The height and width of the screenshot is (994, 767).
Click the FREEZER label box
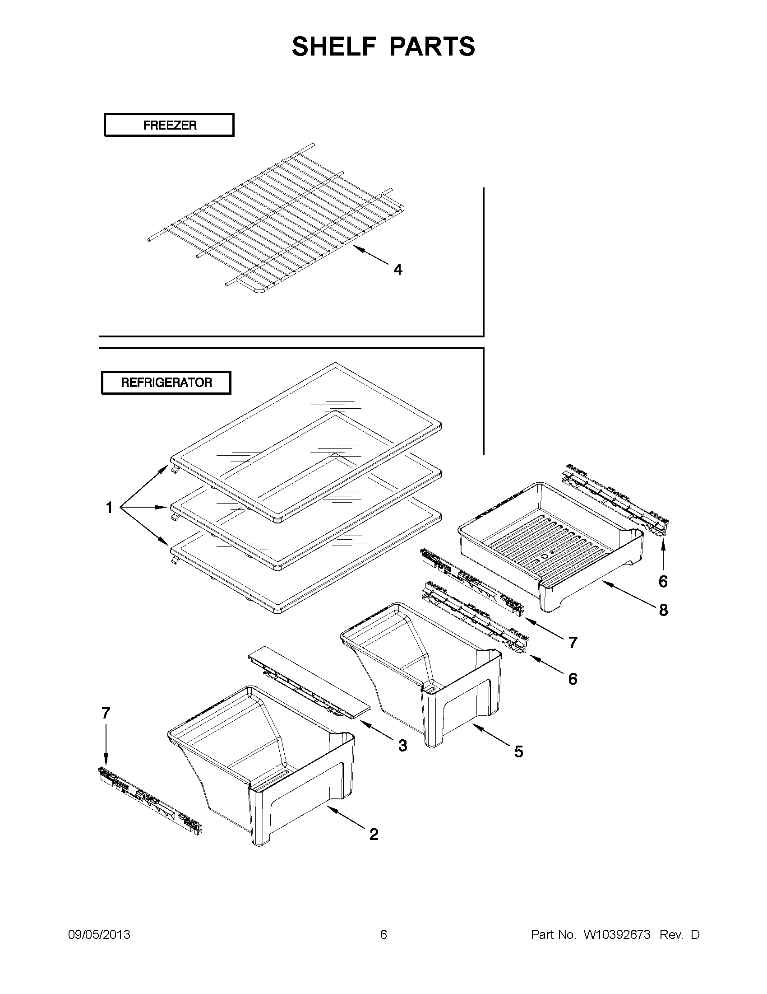pyautogui.click(x=169, y=125)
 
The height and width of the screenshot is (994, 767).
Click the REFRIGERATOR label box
pyautogui.click(x=166, y=383)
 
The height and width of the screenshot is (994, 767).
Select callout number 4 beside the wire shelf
pyautogui.click(x=397, y=270)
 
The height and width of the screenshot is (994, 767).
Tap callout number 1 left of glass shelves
pyautogui.click(x=109, y=508)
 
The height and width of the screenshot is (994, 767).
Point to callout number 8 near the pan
pyautogui.click(x=663, y=610)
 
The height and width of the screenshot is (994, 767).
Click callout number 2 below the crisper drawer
pyautogui.click(x=374, y=834)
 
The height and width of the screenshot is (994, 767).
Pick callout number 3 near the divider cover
pyautogui.click(x=402, y=746)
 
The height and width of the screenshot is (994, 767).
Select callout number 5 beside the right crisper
pyautogui.click(x=519, y=751)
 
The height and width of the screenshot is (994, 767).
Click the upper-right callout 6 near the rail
pyautogui.click(x=663, y=581)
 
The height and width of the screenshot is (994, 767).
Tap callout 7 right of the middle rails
pyautogui.click(x=573, y=643)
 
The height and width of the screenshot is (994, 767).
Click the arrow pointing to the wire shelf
pyautogui.click(x=370, y=255)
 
